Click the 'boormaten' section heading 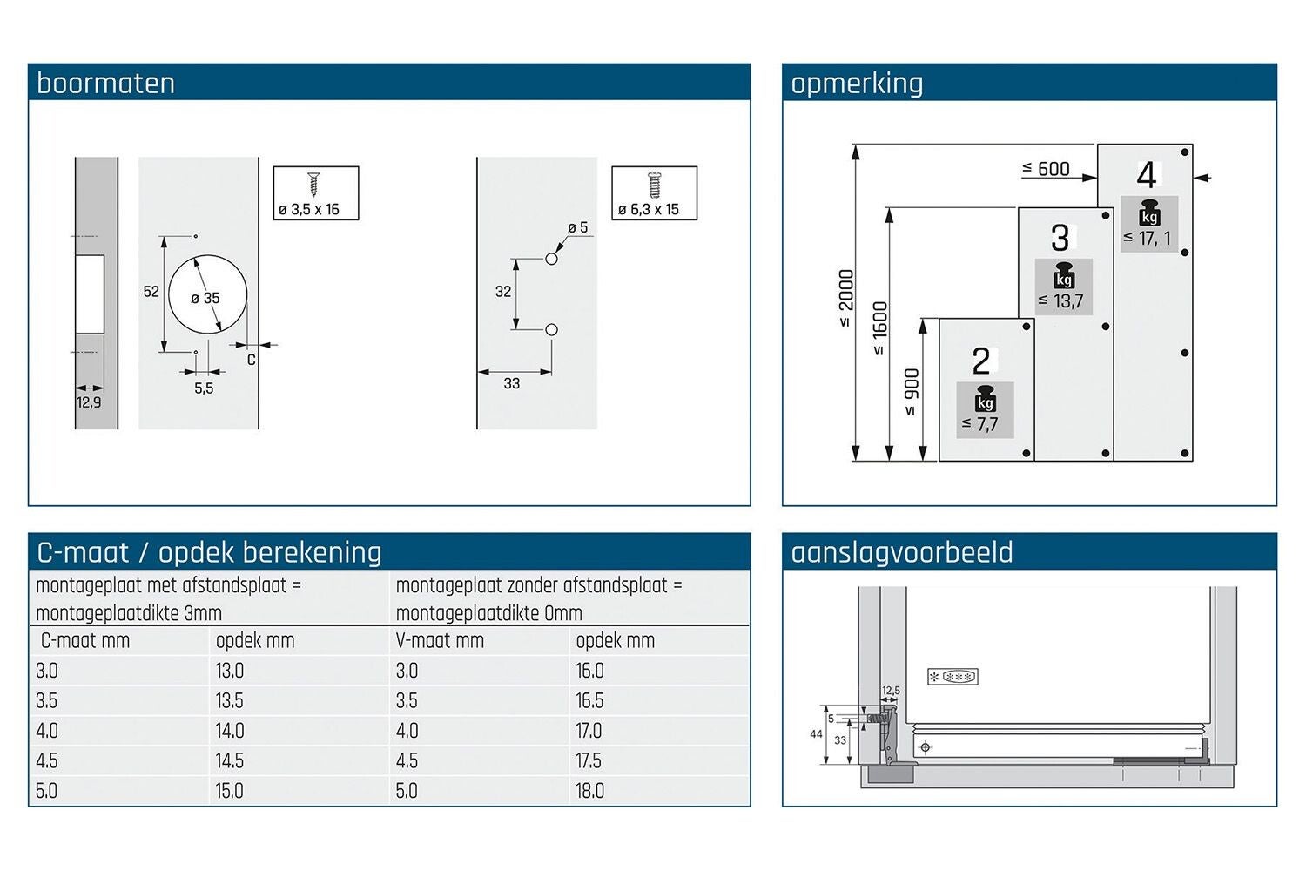pyautogui.click(x=105, y=83)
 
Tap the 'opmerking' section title pyautogui.click(x=857, y=84)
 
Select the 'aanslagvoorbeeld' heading pyautogui.click(x=901, y=552)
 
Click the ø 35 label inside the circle pyautogui.click(x=205, y=298)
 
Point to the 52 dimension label pyautogui.click(x=151, y=292)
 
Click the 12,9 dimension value pyautogui.click(x=89, y=402)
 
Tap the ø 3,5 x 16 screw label pyautogui.click(x=309, y=209)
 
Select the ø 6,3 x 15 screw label pyautogui.click(x=649, y=209)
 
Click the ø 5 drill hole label pyautogui.click(x=578, y=227)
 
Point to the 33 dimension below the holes pyautogui.click(x=511, y=383)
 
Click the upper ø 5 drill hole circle pyautogui.click(x=551, y=259)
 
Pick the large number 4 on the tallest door pyautogui.click(x=1147, y=175)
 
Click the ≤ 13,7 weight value pyautogui.click(x=1060, y=301)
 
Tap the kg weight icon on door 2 pyautogui.click(x=986, y=398)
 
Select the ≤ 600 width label pyautogui.click(x=1046, y=169)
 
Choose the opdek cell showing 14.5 pyautogui.click(x=229, y=760)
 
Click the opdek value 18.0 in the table pyautogui.click(x=590, y=791)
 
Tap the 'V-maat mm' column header pyautogui.click(x=440, y=640)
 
